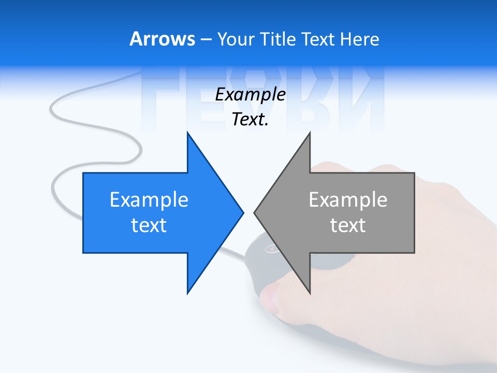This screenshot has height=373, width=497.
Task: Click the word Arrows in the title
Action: [x=162, y=39]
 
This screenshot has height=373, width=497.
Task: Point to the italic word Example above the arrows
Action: [x=250, y=95]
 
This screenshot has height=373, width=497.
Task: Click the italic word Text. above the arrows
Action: [x=250, y=120]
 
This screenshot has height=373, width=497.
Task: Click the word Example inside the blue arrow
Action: [x=149, y=200]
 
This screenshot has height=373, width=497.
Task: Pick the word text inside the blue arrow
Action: [x=149, y=225]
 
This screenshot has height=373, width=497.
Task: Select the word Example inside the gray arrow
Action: [x=348, y=200]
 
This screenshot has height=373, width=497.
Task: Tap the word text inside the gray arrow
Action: [x=348, y=225]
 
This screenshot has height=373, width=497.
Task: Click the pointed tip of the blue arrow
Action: [x=243, y=212]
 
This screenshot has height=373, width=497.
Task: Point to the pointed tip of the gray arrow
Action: [x=255, y=212]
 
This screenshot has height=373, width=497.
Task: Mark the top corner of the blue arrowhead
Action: [x=187, y=133]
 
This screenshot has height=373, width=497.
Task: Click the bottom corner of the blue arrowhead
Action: [x=187, y=293]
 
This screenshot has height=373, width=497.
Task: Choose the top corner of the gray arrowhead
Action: [x=310, y=133]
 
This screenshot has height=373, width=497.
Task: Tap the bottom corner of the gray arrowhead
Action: [x=310, y=293]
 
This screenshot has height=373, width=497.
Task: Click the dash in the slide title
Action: [x=206, y=39]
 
